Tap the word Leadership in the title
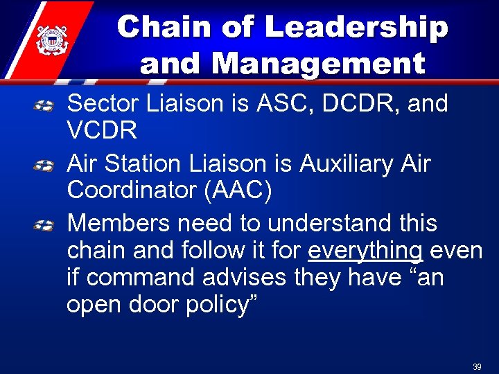tap(356, 28)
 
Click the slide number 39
tap(477, 367)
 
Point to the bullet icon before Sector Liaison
tap(44, 106)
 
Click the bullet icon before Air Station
tap(44, 166)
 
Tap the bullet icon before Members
tap(44, 226)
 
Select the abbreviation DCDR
tap(351, 104)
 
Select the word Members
tap(118, 224)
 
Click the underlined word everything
tap(365, 251)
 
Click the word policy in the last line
tap(218, 305)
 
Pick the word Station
tap(151, 164)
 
